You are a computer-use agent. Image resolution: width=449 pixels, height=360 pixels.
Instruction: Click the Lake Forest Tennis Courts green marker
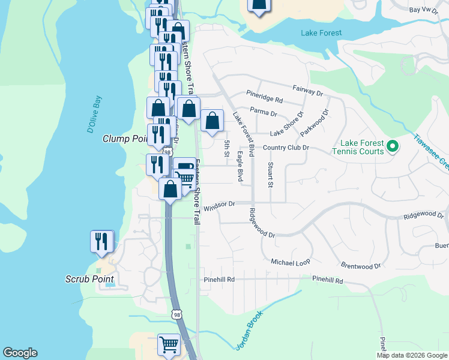coord(392,146)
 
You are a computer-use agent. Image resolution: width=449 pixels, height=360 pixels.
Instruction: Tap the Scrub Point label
coord(89,279)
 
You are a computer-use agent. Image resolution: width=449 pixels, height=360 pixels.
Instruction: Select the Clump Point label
coord(125,139)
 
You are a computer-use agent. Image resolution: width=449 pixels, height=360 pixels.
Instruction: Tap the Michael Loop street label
coord(291,263)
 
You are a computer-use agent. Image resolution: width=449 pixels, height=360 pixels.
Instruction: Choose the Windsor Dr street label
coord(218,206)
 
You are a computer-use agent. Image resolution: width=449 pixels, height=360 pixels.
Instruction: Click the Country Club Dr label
coord(286,148)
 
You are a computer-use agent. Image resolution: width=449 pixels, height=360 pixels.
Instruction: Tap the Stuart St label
coord(271,174)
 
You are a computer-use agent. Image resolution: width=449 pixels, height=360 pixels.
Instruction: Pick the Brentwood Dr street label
coord(361,265)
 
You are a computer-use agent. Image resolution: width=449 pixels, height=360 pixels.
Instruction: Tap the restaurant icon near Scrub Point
coord(101,241)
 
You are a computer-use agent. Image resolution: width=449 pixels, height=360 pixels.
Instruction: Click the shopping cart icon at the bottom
coord(169,344)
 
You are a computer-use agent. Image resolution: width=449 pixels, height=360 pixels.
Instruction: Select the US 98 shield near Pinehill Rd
coord(176,314)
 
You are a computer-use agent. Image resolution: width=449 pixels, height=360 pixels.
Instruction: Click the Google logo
coord(20,353)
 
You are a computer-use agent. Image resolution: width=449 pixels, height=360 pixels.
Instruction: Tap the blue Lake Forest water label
coord(321,33)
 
